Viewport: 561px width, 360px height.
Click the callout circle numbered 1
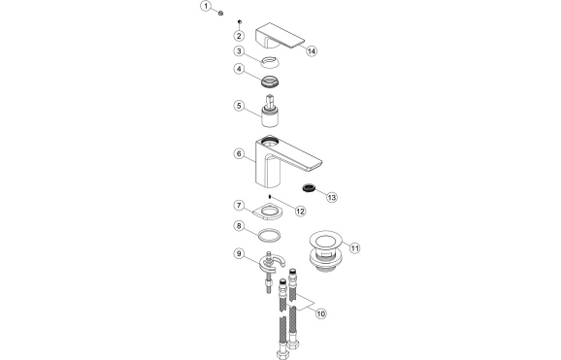[x=206, y=8]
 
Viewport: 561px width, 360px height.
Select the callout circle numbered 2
[x=238, y=35]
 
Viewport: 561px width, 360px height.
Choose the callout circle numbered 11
[x=355, y=247]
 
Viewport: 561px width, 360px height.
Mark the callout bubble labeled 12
[x=300, y=211]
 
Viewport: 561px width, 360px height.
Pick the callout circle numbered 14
[x=311, y=50]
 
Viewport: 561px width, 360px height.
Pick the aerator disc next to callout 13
[x=308, y=187]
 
